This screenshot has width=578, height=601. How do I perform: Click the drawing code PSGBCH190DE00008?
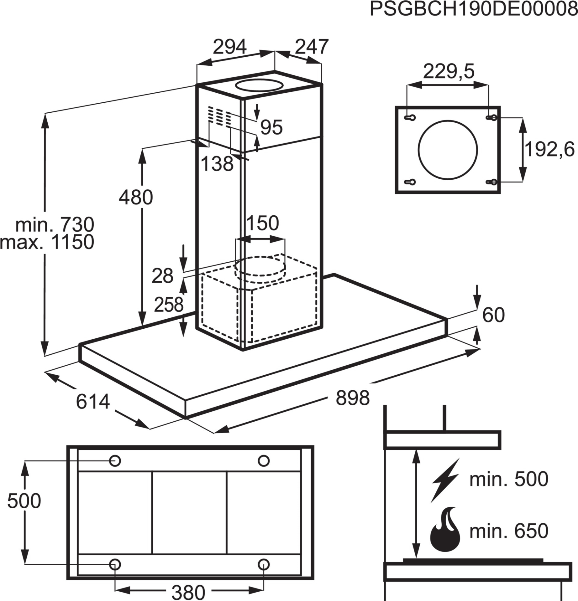pyautogui.click(x=474, y=9)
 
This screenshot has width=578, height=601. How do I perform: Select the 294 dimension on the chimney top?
pyautogui.click(x=230, y=47)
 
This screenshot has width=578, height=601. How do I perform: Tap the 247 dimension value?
pyautogui.click(x=312, y=47)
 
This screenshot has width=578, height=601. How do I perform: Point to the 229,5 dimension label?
pyautogui.click(x=449, y=72)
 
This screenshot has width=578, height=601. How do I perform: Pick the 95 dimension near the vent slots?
pyautogui.click(x=272, y=127)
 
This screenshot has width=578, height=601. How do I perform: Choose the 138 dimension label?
pyautogui.click(x=217, y=163)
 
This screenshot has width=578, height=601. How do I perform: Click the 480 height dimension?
pyautogui.click(x=136, y=197)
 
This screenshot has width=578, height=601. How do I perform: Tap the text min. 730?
pyautogui.click(x=55, y=224)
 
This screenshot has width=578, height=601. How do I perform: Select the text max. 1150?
pyautogui.click(x=47, y=242)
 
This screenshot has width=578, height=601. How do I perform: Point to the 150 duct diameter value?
pyautogui.click(x=263, y=223)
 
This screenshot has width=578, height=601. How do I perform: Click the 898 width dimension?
pyautogui.click(x=353, y=398)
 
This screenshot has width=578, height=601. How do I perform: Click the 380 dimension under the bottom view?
pyautogui.click(x=188, y=592)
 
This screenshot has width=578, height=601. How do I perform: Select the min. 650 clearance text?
pyautogui.click(x=509, y=531)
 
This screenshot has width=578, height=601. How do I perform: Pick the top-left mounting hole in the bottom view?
pyautogui.click(x=115, y=461)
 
